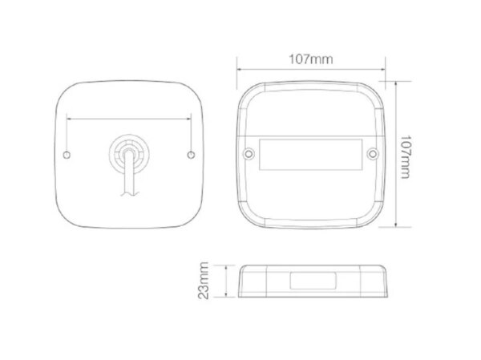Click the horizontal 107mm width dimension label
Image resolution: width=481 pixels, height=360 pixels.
(311, 59)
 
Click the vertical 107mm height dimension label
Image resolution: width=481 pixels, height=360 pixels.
(405, 156)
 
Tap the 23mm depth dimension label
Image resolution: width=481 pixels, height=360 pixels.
(203, 280)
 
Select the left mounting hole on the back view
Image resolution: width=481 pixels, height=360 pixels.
(67, 155)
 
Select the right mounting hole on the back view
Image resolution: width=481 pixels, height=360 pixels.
(191, 155)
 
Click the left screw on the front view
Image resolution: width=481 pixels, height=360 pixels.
(249, 153)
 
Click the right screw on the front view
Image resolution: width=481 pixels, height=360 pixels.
(373, 153)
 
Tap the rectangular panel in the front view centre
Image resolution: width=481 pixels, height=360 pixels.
(311, 155)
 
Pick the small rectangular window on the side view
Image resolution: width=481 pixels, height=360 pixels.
(313, 281)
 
